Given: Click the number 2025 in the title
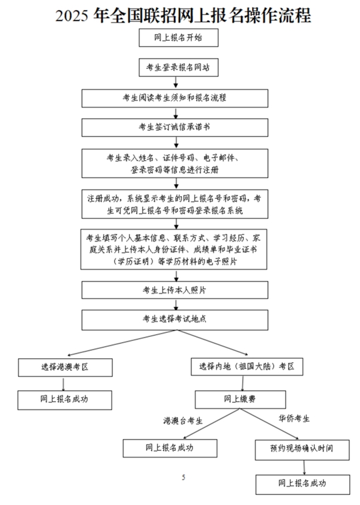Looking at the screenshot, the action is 71,16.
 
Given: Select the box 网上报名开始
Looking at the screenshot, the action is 179,37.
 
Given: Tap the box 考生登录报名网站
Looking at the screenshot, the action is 179,67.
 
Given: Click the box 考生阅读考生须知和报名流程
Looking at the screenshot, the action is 175,98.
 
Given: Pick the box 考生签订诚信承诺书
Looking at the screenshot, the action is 175,127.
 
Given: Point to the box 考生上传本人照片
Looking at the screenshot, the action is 175,290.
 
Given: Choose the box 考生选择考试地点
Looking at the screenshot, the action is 175,320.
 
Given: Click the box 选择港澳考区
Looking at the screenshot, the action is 65,368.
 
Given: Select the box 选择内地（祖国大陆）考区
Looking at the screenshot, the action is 247,366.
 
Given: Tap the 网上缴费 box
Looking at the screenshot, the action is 240,400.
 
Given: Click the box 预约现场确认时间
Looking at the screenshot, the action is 302,450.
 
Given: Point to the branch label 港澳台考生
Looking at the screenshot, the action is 183,421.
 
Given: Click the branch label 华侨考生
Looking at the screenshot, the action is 294,419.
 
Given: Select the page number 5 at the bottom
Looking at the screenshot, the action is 183,477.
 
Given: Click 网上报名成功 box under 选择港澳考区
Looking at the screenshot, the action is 65,400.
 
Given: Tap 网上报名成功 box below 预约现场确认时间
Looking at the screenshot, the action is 303,484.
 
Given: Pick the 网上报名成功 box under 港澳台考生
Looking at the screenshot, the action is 170,448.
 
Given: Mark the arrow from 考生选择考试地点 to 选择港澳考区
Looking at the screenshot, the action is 121,343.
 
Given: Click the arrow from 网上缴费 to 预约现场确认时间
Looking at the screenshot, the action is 269,424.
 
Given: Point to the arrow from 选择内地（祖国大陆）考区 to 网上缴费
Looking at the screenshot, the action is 242,384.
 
